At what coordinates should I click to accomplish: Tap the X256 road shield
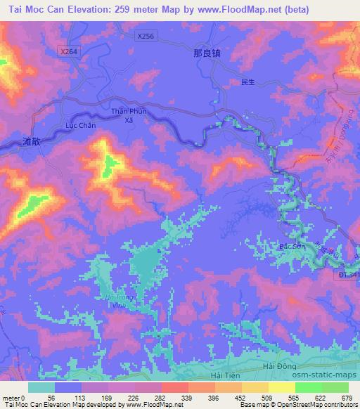pyautogui.click(x=146, y=35)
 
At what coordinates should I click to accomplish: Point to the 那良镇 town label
pyautogui.click(x=206, y=53)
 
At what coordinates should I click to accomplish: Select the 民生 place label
pyautogui.click(x=247, y=82)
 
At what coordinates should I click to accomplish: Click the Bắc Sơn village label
pyautogui.click(x=290, y=247)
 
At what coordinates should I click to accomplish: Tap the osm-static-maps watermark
pyautogui.click(x=323, y=375)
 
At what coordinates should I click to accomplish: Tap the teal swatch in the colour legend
pyautogui.click(x=41, y=387)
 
